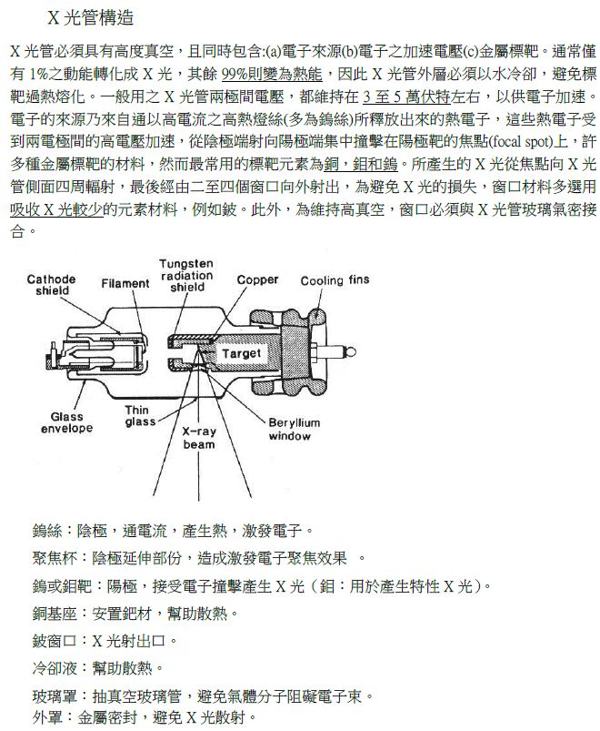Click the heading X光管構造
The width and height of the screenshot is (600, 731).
point(95,18)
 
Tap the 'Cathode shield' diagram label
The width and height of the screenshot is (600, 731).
point(52,285)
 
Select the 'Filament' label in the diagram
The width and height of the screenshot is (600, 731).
point(125,284)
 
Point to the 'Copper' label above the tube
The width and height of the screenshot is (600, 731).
point(257,280)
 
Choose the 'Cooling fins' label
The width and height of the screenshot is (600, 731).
point(335,280)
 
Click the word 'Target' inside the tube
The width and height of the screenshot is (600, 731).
point(241,353)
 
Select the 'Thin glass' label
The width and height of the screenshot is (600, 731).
point(140,416)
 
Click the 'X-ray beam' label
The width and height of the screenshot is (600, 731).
point(199,438)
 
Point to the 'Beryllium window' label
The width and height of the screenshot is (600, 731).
point(294,430)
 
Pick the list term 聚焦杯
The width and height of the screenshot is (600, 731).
point(54,557)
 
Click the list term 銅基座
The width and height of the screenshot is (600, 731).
point(54,614)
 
